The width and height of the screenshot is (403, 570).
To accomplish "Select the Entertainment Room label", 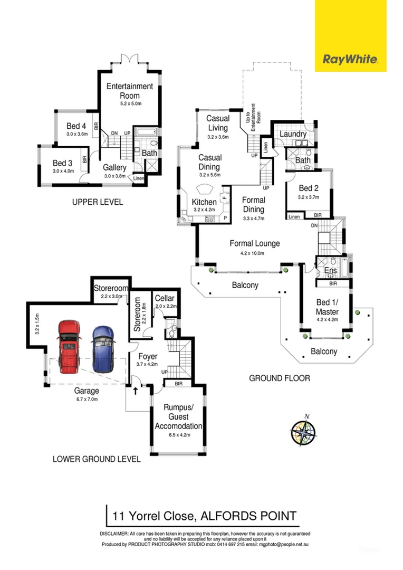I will [129, 91].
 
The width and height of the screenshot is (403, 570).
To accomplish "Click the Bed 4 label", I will [76, 126].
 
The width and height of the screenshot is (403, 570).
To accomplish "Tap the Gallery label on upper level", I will [114, 168].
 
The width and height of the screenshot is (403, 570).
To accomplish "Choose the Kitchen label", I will [204, 202].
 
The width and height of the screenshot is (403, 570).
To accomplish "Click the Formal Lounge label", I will [255, 244].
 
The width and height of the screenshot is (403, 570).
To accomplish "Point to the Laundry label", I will [293, 134].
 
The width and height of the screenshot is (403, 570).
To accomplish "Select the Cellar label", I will [165, 299].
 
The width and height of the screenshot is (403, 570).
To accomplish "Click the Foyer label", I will [148, 357].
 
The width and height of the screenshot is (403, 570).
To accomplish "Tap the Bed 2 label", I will [309, 188].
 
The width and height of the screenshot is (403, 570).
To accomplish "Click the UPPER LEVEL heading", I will [97, 202].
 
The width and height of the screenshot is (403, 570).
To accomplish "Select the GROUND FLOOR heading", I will [279, 378].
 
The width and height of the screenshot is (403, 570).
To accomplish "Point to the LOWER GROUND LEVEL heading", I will [97, 459].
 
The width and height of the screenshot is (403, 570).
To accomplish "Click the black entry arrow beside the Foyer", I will [135, 391].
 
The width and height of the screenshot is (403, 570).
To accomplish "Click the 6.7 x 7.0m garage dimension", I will [87, 399].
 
